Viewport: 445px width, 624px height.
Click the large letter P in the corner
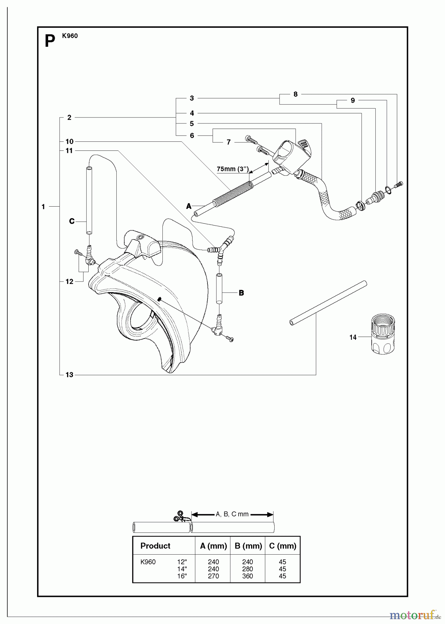coord(50,42)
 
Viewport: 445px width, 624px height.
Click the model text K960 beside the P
coord(70,36)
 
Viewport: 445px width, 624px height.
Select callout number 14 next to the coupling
coord(353,337)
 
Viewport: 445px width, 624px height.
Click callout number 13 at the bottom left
coord(69,375)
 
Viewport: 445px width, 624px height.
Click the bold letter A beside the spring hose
coord(189,206)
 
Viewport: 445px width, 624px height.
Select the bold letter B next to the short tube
coord(241,293)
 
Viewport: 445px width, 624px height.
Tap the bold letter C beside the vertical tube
coord(72,221)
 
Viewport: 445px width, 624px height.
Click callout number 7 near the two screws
coord(229,142)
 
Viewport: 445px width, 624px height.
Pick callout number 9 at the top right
coord(353,101)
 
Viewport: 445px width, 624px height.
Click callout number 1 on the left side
coord(43,207)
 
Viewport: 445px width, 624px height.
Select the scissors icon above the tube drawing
coord(180,517)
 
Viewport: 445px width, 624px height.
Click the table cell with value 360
coord(248,576)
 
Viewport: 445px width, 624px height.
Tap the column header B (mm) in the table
coord(248,546)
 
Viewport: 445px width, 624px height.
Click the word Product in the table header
coord(155,546)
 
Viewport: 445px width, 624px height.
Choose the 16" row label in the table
coord(182,576)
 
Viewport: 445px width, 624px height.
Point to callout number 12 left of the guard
coord(69,281)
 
